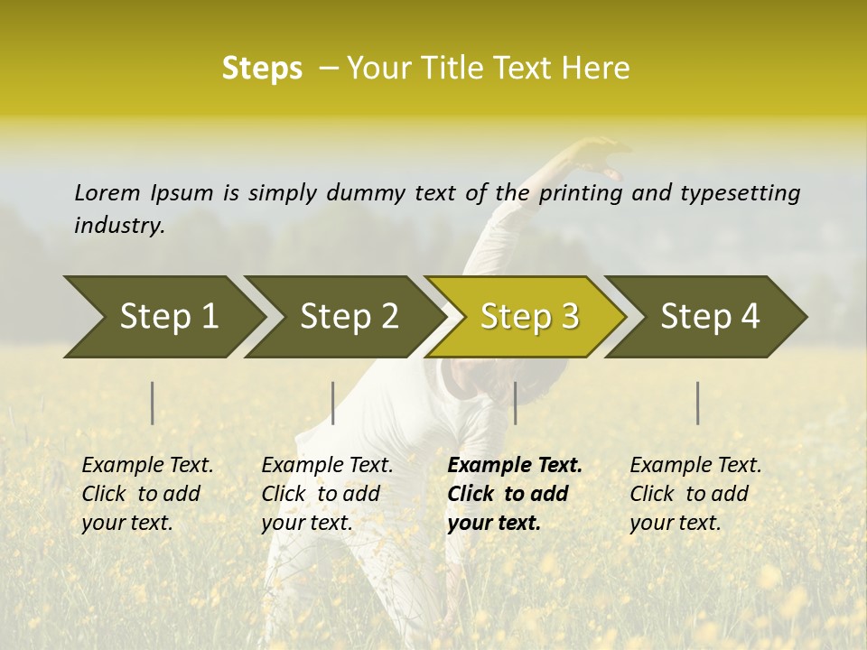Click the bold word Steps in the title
tap(262, 69)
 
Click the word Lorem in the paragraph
tap(107, 192)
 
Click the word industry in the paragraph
tap(118, 225)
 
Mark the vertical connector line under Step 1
tap(153, 403)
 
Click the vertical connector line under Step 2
tap(333, 403)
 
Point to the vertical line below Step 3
tap(516, 403)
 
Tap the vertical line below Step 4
tap(698, 403)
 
